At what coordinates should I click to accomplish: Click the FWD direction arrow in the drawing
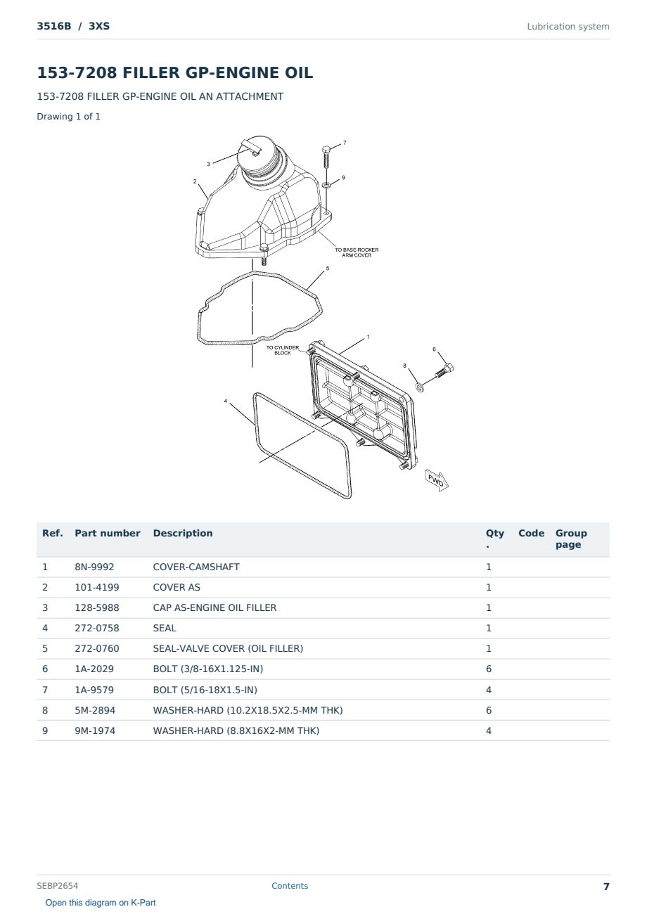click(x=436, y=480)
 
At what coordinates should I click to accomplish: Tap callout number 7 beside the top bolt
click(x=345, y=143)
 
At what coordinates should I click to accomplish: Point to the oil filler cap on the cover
click(x=258, y=156)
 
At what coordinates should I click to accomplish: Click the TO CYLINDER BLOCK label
click(x=283, y=350)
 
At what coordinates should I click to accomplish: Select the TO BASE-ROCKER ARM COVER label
click(x=357, y=252)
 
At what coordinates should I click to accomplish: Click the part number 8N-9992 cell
click(x=94, y=567)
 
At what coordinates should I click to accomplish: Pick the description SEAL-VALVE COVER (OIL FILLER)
click(x=228, y=648)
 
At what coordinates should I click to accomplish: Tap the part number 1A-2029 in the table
click(x=94, y=669)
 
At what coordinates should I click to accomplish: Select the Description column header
click(x=183, y=533)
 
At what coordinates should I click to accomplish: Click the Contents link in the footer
click(x=290, y=886)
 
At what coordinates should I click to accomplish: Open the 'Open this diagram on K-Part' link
click(x=101, y=903)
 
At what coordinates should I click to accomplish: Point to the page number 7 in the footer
click(x=606, y=887)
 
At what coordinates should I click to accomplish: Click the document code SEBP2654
click(x=58, y=886)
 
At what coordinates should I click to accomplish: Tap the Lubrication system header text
click(x=568, y=27)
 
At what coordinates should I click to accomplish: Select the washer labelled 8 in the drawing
click(x=419, y=386)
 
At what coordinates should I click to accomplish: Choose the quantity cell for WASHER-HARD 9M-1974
click(x=489, y=730)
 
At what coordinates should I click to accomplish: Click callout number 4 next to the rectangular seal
click(x=225, y=401)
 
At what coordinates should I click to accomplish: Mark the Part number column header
click(x=108, y=533)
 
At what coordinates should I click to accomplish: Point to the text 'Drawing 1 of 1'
click(x=69, y=117)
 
